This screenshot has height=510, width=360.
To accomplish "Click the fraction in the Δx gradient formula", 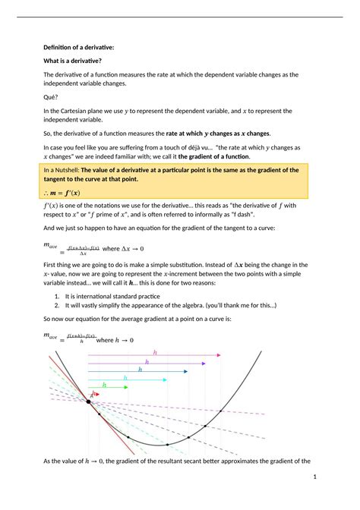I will (x=84, y=249).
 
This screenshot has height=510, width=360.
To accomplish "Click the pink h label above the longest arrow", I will (x=155, y=353).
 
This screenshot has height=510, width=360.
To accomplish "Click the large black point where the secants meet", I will (x=89, y=403).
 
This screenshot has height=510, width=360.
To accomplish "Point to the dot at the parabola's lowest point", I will (x=167, y=444).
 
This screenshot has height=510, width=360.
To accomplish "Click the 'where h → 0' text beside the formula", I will (x=115, y=340).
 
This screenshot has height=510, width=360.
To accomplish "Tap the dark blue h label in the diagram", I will (x=139, y=370).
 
